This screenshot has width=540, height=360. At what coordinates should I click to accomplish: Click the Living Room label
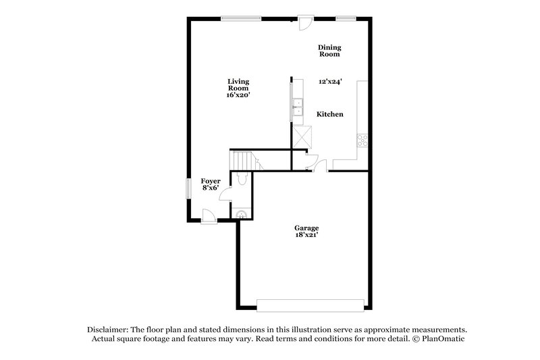238,84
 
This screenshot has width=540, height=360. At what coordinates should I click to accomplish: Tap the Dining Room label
330,51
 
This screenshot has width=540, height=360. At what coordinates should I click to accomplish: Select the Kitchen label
330,114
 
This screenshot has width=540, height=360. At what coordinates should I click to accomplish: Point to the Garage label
306,228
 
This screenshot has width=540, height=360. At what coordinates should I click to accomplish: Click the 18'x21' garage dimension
306,235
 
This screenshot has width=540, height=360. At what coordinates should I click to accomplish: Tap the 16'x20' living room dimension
238,95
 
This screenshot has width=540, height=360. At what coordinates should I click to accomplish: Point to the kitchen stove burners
361,140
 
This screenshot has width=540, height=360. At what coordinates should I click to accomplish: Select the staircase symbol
242,161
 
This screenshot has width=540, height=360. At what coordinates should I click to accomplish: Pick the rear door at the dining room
305,22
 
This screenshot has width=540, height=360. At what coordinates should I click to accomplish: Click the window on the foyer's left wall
188,188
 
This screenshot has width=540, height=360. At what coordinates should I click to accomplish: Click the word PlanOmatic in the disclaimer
443,339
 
